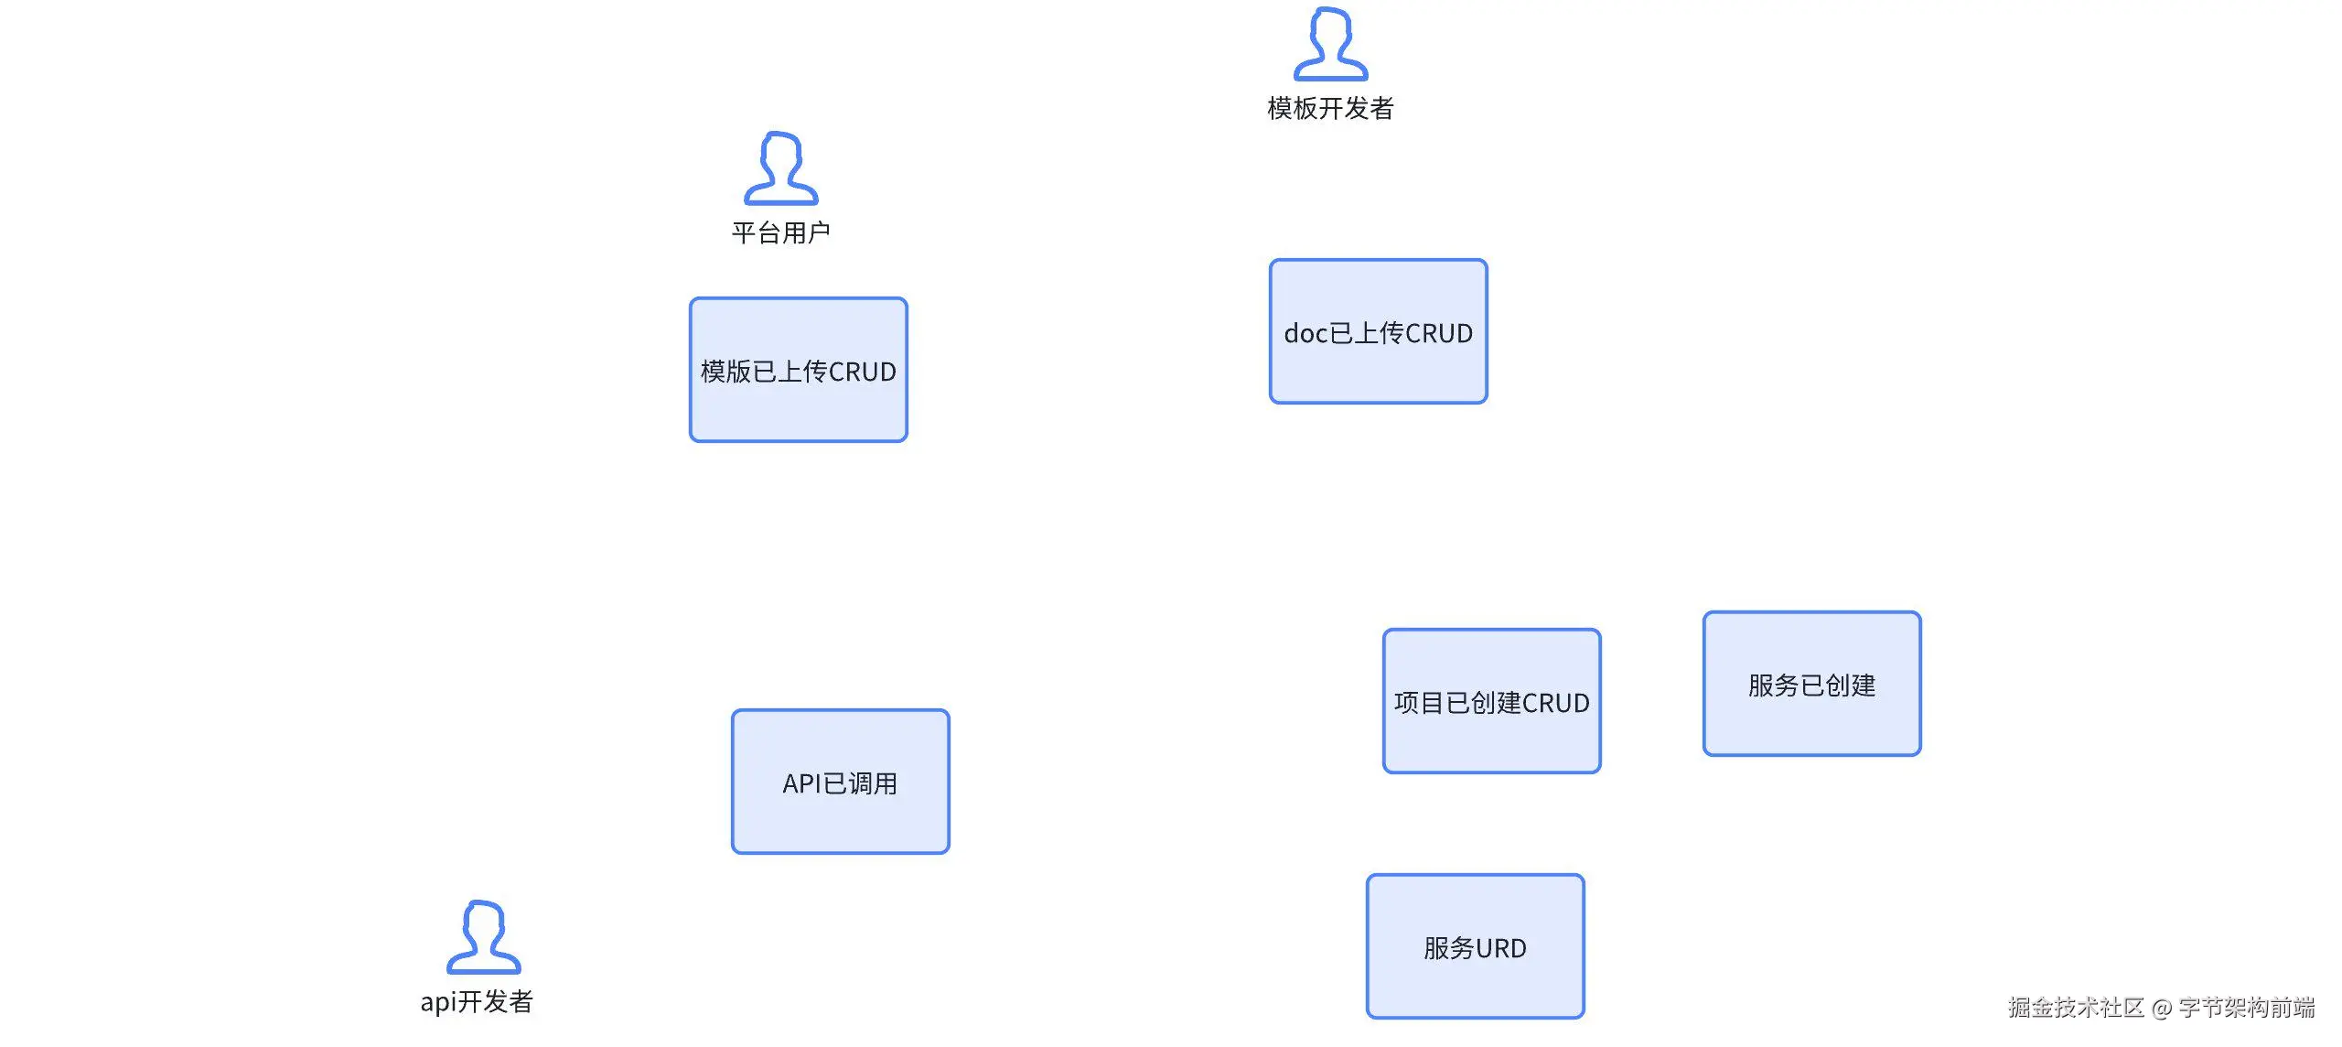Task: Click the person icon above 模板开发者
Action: tap(1330, 45)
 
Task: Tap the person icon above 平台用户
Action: tap(780, 169)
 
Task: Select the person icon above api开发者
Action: tap(483, 938)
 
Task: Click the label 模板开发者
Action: tap(1330, 109)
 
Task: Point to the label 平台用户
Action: tap(780, 233)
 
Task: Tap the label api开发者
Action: tap(477, 1002)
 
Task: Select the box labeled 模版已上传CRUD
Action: tap(799, 370)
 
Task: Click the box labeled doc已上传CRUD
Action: tap(1378, 331)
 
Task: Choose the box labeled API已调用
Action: tap(840, 782)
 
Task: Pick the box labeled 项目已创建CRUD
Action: tap(1491, 701)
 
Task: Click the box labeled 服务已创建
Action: tap(1811, 684)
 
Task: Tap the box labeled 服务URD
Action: tap(1475, 946)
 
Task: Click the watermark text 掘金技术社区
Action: tap(2076, 1008)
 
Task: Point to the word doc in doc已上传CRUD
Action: tap(1305, 334)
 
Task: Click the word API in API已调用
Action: tap(802, 784)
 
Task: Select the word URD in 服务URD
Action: tap(1500, 949)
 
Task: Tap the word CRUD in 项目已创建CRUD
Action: tap(1555, 704)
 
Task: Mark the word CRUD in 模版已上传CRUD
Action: tap(862, 372)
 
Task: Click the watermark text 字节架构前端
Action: tap(2247, 1008)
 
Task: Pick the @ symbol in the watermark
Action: tap(2162, 1009)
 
